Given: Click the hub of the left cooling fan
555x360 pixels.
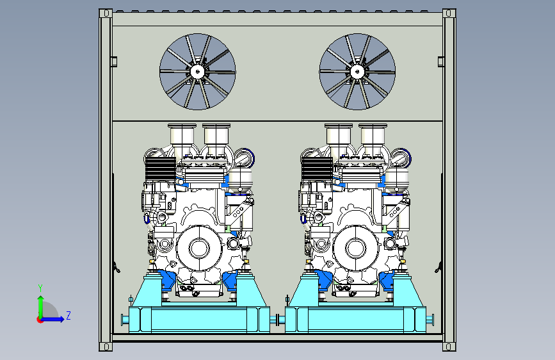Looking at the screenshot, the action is pos(198,72).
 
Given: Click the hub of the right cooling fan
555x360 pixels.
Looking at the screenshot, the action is pos(357,72).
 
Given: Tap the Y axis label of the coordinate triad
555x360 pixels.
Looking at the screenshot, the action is pos(40,288).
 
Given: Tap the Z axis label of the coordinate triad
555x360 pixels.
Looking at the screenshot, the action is pos(68,315).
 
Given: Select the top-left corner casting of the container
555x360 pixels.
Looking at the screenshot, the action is pos(106,13).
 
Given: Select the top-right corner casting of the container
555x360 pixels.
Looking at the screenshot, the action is pos(449,13).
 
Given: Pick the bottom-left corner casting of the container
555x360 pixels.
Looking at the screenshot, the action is pos(106,347).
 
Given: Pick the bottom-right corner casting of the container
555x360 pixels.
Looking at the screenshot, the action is pos(449,347).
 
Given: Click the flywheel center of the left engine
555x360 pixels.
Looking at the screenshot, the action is pos(199,248).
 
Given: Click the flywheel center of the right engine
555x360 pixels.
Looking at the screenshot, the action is pos(355,248).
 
